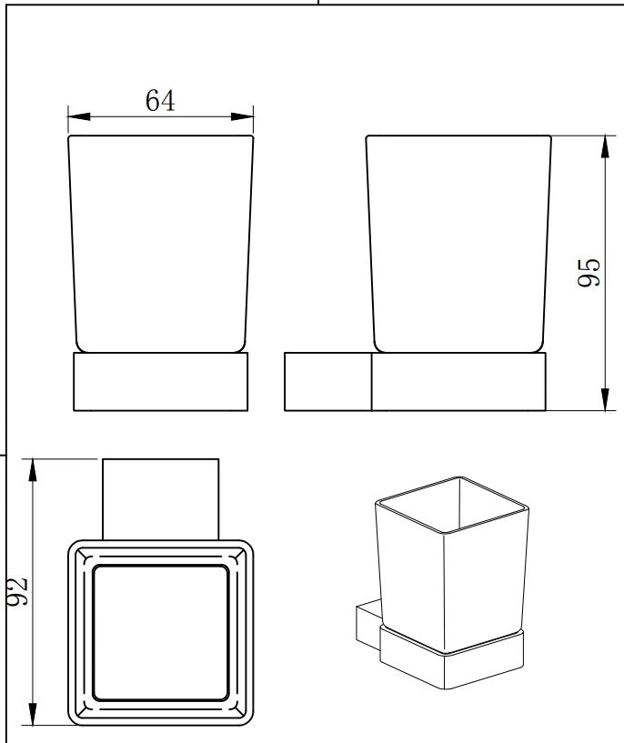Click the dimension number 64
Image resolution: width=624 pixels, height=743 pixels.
(160, 100)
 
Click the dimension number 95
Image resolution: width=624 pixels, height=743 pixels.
(589, 273)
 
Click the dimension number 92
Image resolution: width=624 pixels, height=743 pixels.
(18, 591)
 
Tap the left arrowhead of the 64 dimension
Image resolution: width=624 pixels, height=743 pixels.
(78, 116)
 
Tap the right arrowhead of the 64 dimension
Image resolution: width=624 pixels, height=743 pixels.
(242, 116)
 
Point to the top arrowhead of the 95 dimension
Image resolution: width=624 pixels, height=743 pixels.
(605, 147)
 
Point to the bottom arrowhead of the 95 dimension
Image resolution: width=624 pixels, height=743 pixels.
(605, 399)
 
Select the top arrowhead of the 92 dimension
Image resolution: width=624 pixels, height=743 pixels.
(32, 470)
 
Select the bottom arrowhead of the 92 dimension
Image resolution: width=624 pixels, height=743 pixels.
(32, 714)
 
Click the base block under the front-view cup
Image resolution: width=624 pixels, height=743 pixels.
(161, 381)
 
